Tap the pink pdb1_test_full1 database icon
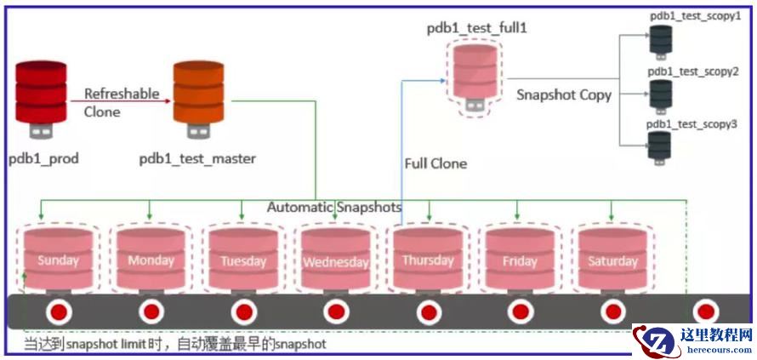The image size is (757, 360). tap(475, 71)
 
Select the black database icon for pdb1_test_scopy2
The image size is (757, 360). tap(660, 94)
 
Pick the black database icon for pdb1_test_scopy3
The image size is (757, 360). tap(659, 146)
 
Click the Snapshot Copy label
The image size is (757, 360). tap(563, 95)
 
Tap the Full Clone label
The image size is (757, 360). tap(435, 163)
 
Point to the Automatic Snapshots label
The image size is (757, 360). tap(334, 207)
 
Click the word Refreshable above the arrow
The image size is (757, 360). tap(122, 94)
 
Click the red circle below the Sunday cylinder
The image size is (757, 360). tap(58, 312)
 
